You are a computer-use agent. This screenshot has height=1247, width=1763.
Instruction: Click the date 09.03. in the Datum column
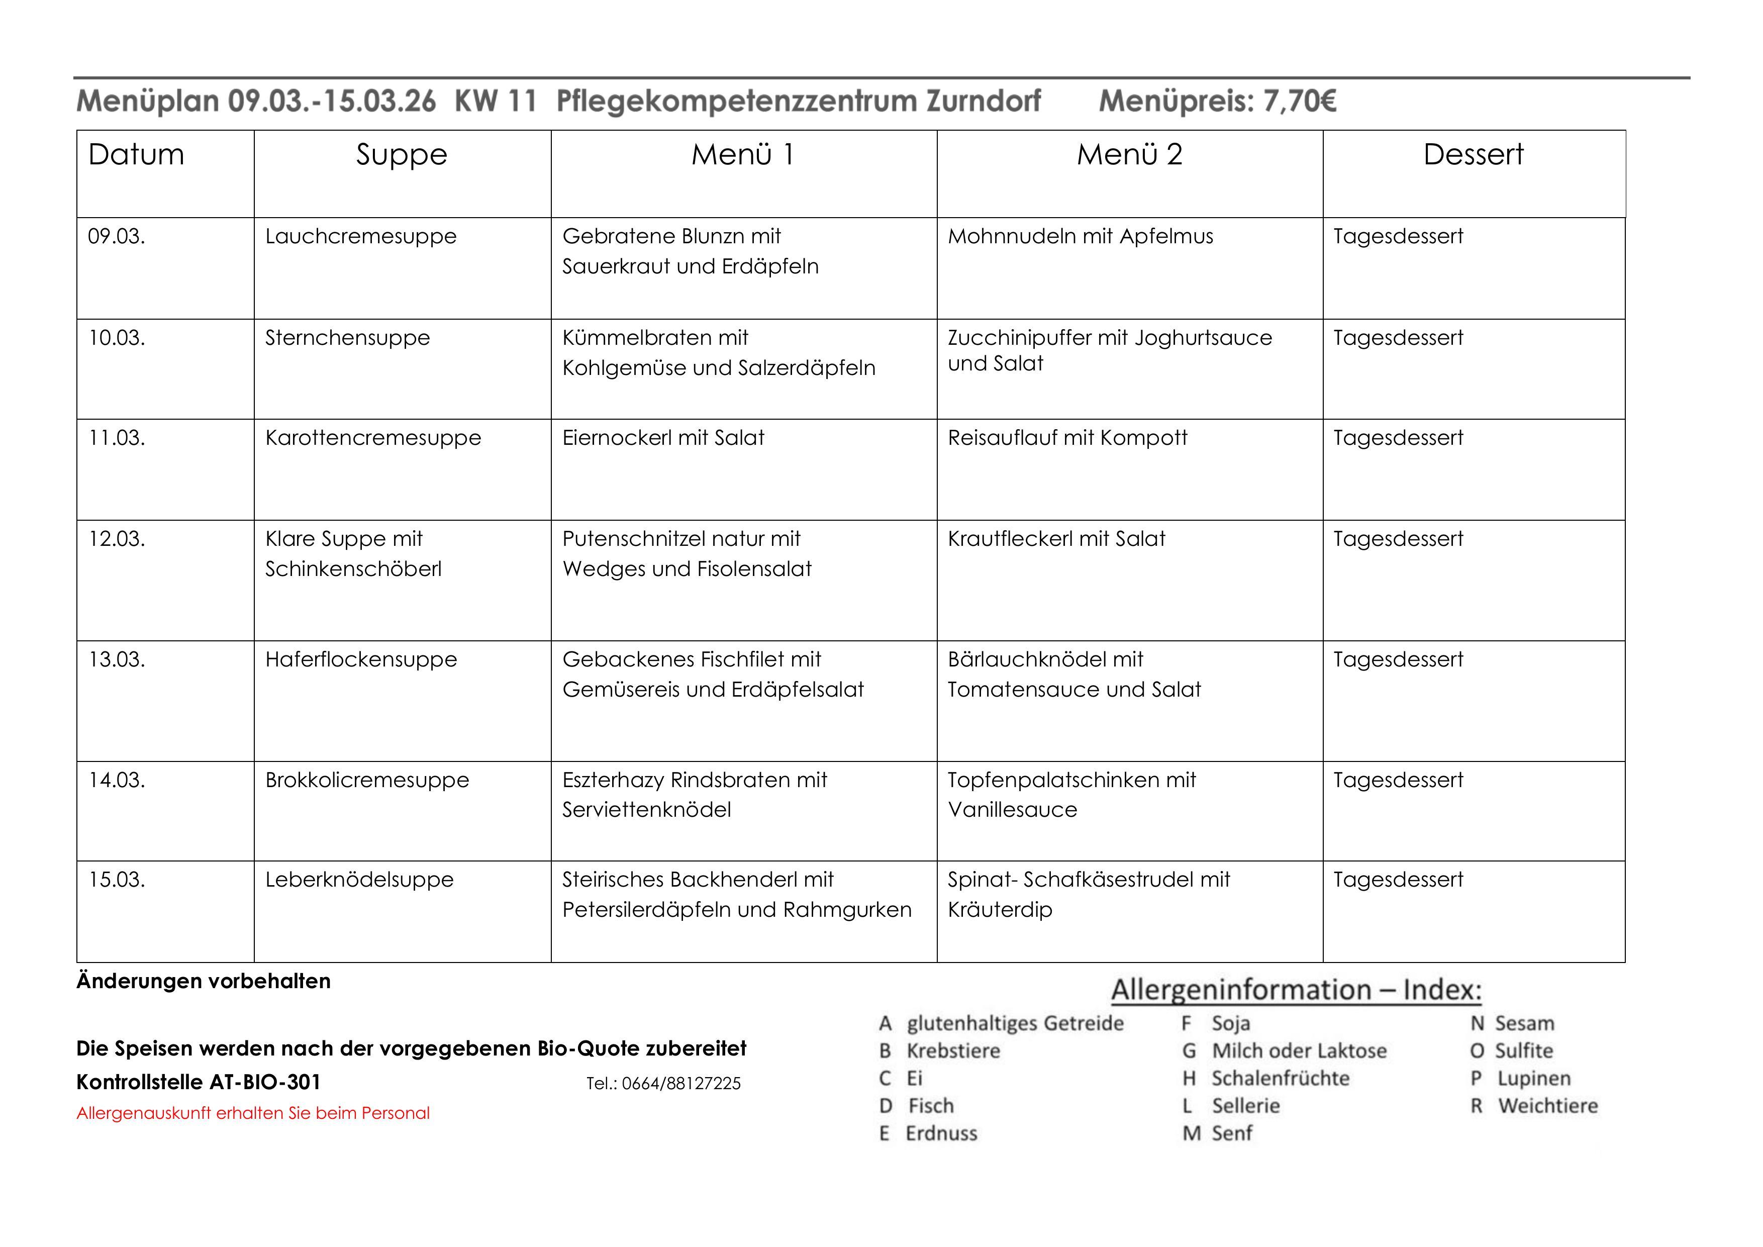pyautogui.click(x=117, y=237)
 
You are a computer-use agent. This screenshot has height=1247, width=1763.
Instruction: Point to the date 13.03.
pyautogui.click(x=117, y=659)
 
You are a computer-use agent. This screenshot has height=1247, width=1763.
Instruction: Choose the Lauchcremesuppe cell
pyautogui.click(x=361, y=237)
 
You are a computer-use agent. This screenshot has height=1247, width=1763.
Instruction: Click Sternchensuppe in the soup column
pyautogui.click(x=347, y=338)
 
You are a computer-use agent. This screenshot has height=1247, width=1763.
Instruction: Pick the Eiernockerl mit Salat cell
pyautogui.click(x=663, y=438)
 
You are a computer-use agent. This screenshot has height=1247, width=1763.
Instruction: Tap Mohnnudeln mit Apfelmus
pyautogui.click(x=1081, y=237)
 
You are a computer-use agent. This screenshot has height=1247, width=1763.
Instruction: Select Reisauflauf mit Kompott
pyautogui.click(x=1067, y=438)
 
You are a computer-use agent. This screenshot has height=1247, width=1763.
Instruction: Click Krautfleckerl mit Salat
pyautogui.click(x=1056, y=539)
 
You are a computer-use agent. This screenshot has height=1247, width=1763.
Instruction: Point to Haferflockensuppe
pyautogui.click(x=361, y=659)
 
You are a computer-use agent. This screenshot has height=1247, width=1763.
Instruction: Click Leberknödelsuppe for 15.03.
pyautogui.click(x=359, y=880)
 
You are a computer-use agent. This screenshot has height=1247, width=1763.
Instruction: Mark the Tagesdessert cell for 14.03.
pyautogui.click(x=1398, y=780)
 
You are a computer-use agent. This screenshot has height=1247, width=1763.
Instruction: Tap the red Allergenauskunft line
pyautogui.click(x=253, y=1113)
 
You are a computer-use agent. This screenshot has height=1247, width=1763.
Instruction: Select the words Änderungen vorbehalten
pyautogui.click(x=204, y=981)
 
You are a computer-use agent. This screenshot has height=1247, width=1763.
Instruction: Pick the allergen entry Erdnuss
pyautogui.click(x=941, y=1133)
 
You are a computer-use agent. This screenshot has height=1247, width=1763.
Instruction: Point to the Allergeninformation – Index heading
pyautogui.click(x=1296, y=990)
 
